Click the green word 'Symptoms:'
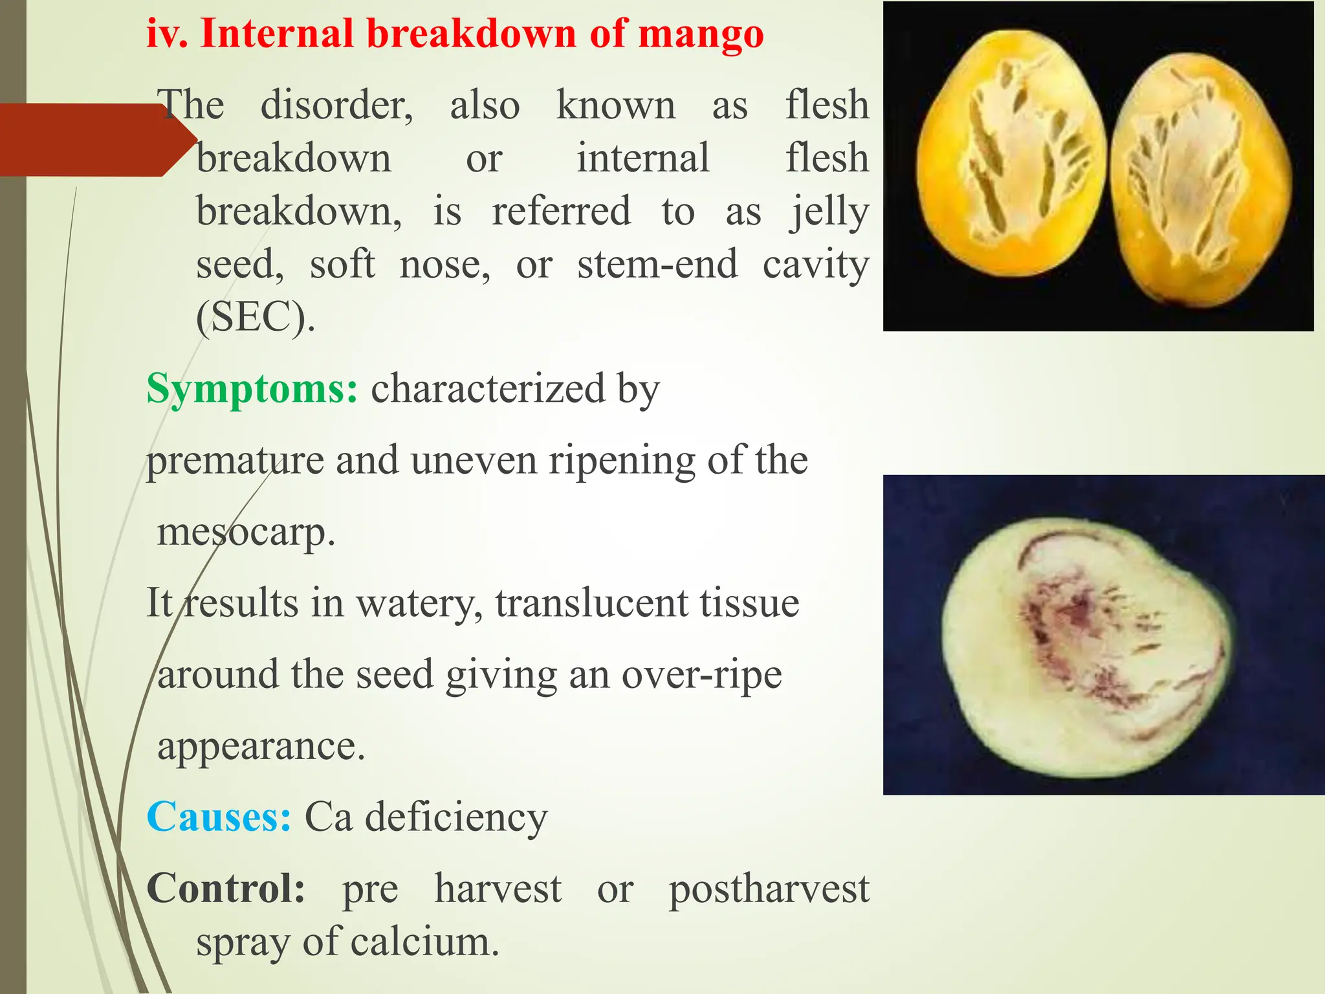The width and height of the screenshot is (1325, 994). [252, 389]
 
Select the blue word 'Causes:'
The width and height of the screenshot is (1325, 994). [219, 817]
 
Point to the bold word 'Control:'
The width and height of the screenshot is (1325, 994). [226, 888]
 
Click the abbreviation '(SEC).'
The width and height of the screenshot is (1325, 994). [256, 317]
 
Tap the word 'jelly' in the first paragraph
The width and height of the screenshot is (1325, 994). [829, 212]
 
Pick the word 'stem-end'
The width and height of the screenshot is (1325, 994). [657, 265]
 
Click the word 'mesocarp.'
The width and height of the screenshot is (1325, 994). [246, 533]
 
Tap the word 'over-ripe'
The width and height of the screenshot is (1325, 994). [701, 675]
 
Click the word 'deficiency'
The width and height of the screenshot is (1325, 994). [456, 817]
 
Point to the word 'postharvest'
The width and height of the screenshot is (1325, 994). [769, 889]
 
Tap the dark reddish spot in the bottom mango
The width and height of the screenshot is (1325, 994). [1074, 612]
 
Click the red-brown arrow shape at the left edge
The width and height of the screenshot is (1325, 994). [91, 140]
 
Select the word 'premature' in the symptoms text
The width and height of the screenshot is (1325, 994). [234, 461]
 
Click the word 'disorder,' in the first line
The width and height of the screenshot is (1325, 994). [336, 105]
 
